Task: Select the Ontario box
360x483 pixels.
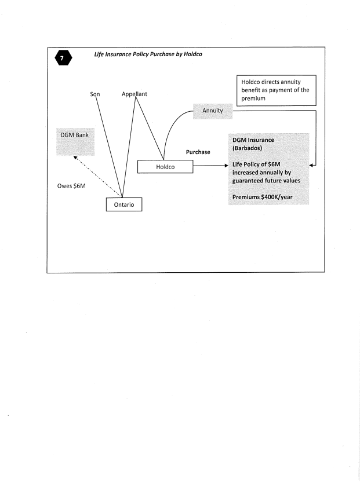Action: [x=123, y=205]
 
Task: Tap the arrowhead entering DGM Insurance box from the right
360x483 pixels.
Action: [x=312, y=166]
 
